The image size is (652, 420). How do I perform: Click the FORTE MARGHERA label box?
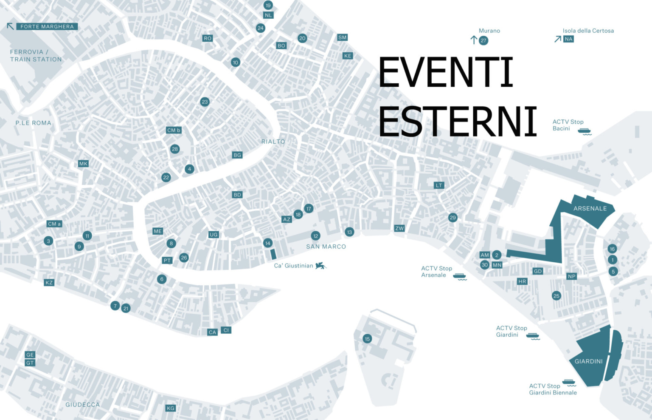47,26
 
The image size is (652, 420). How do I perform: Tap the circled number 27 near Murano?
483,40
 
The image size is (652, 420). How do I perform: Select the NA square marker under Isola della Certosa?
568,39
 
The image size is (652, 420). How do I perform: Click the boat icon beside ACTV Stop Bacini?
585,131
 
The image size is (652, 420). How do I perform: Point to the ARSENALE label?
590,208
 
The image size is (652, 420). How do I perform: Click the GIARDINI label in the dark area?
588,361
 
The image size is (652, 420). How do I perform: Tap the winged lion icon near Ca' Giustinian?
320,266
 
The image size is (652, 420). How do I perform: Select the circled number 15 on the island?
367,339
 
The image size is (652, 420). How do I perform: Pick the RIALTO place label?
273,142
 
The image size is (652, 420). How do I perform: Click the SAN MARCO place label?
326,247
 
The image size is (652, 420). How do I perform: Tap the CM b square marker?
174,130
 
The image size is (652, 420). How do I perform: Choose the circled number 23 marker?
205,102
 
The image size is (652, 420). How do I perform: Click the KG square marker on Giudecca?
170,408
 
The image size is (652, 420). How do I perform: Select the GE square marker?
30,355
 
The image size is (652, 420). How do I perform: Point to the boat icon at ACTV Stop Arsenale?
459,276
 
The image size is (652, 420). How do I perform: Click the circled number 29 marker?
452,217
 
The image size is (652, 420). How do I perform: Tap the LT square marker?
439,185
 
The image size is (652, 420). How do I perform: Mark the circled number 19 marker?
268,5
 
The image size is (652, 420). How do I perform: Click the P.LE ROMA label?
33,123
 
